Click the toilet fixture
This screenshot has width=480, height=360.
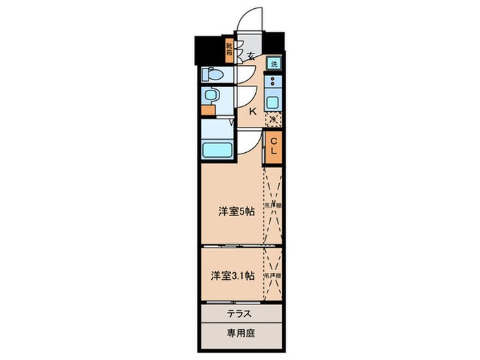(211, 74)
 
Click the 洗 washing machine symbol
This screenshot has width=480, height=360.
(274, 64)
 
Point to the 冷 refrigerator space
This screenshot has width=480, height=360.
(273, 119)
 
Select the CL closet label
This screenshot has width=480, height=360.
(273, 145)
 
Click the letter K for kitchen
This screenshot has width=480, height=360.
(252, 111)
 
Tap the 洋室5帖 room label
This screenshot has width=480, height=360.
(237, 212)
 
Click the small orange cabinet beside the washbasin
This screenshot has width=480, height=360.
(204, 108)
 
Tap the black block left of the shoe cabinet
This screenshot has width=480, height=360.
(208, 48)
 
